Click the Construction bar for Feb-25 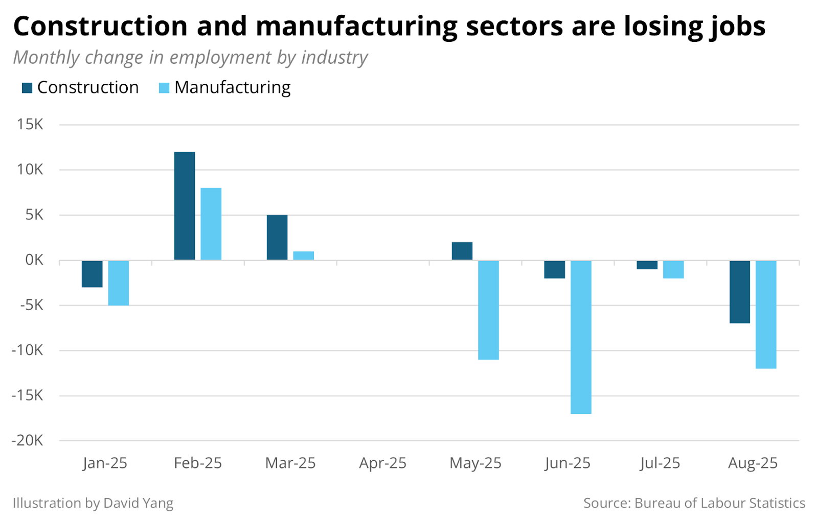(x=185, y=206)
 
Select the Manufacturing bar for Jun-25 (x=581, y=337)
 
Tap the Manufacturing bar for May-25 (x=488, y=310)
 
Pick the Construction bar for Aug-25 (x=739, y=292)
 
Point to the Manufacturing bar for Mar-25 (x=303, y=256)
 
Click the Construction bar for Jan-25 (x=92, y=274)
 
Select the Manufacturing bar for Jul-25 (x=673, y=269)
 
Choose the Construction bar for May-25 (x=462, y=251)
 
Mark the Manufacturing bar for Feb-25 (x=211, y=224)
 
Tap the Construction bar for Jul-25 (x=647, y=265)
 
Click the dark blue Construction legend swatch (x=27, y=88)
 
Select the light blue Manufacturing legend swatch (x=164, y=88)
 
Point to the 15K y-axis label (x=30, y=124)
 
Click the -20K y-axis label (x=28, y=440)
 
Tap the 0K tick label (x=34, y=260)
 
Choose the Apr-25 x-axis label (x=382, y=463)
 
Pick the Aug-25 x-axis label (x=753, y=463)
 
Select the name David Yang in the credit (x=138, y=503)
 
